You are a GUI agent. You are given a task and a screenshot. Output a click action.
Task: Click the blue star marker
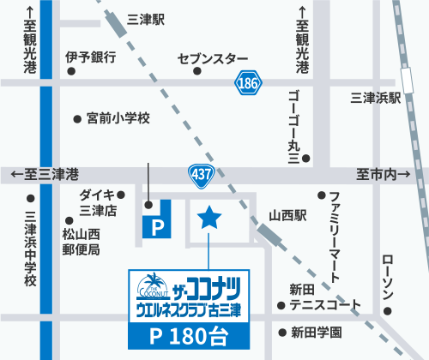(208, 218)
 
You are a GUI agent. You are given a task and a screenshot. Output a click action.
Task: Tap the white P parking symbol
(156, 227)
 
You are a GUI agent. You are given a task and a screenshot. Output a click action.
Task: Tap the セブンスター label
(213, 57)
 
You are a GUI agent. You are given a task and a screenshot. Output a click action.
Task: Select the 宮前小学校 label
(118, 117)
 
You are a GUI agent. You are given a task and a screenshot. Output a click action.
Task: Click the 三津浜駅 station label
(376, 99)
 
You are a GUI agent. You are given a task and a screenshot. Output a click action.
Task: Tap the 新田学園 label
(316, 332)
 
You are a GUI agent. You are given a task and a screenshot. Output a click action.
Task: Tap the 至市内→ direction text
(384, 174)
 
